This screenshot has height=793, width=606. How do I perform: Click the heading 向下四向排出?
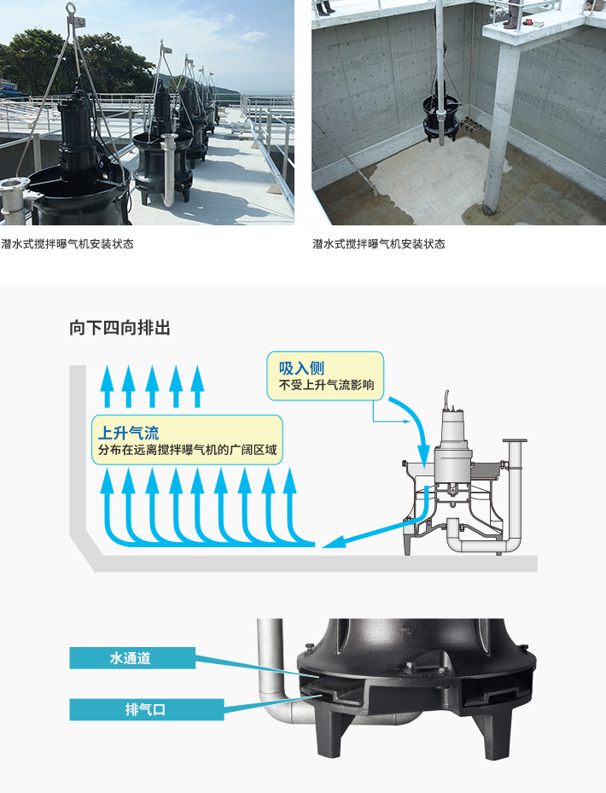119,328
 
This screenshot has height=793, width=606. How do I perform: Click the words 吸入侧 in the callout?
301,368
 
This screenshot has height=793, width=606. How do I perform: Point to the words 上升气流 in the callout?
129,433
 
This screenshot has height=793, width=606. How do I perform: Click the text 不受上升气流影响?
327,385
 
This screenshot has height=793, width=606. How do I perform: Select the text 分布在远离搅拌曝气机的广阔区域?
187,450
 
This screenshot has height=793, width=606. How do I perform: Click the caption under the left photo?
67,244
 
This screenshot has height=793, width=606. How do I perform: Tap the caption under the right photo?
379,244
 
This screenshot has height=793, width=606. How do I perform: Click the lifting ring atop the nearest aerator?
71,9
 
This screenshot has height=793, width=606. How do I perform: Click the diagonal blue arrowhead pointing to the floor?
334,542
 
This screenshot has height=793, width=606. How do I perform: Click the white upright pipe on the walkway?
168,169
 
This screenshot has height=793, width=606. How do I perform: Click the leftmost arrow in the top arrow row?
107,386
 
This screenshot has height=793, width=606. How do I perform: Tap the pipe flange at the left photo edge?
14,184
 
